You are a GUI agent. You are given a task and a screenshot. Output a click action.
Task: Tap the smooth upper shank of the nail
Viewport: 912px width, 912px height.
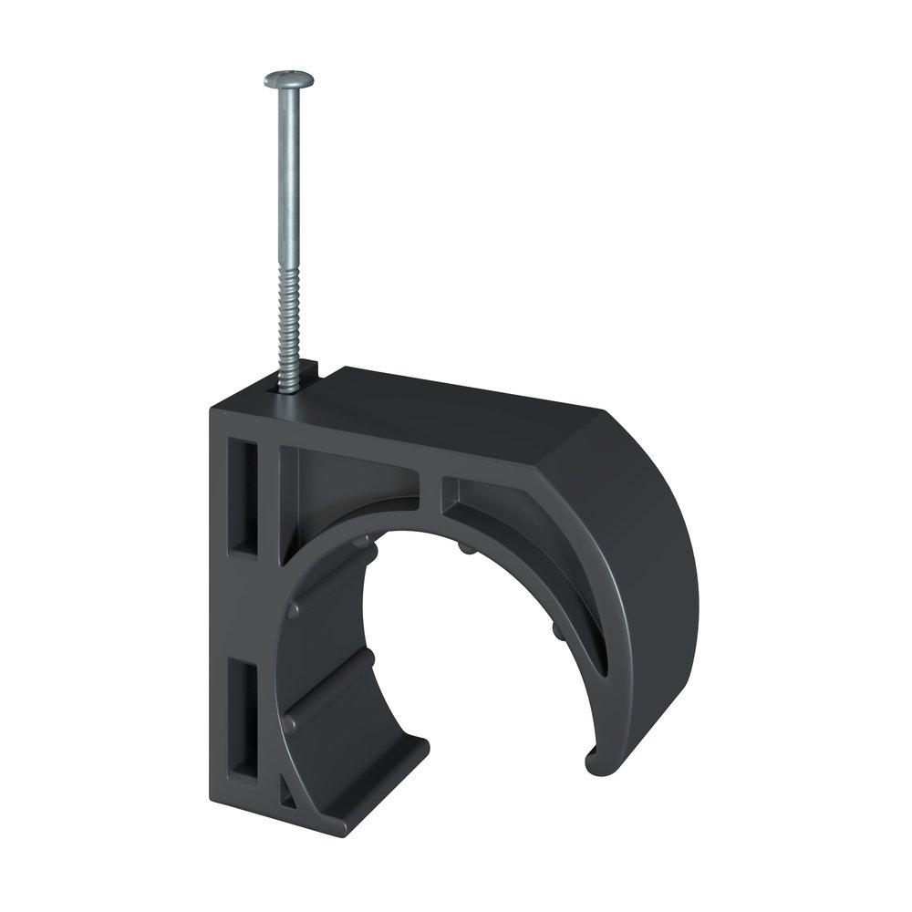tap(289, 182)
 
